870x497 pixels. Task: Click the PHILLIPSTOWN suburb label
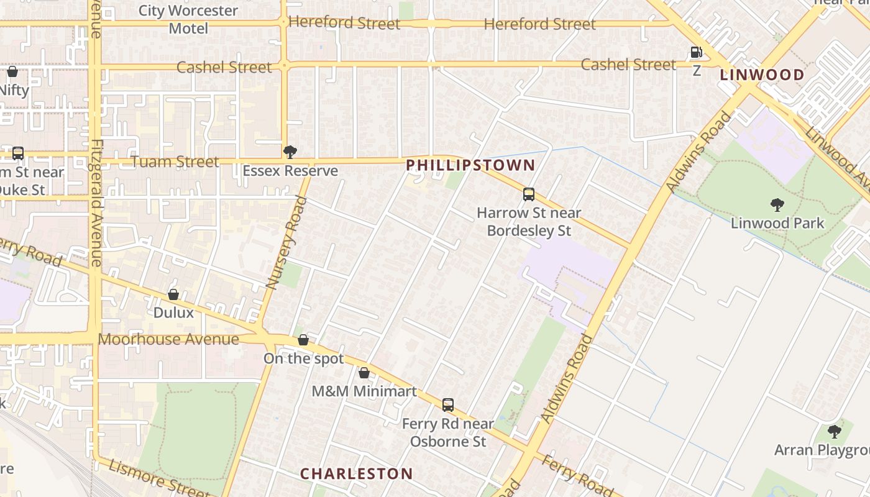[470, 165]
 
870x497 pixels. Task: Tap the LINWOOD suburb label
[762, 75]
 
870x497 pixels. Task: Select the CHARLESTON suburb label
[356, 474]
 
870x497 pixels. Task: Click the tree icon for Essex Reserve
[290, 152]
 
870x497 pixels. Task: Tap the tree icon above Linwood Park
[777, 204]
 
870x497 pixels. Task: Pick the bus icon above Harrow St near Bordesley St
[529, 194]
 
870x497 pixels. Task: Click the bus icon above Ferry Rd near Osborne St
[448, 405]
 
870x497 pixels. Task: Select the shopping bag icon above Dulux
[173, 294]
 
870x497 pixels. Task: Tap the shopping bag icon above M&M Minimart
[364, 373]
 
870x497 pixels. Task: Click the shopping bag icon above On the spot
[303, 340]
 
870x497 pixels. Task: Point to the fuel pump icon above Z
[697, 53]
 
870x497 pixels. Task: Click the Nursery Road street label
[286, 242]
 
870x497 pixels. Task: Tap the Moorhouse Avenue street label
[168, 340]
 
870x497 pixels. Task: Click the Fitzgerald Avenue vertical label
[96, 202]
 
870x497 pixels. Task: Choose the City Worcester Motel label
[188, 19]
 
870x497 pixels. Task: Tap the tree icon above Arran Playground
[835, 431]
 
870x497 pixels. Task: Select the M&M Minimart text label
[364, 391]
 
